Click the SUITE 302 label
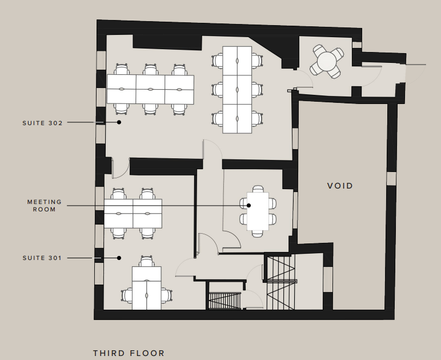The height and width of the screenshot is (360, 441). click(x=42, y=123)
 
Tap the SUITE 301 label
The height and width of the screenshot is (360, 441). click(x=42, y=258)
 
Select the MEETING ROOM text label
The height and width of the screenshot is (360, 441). click(x=45, y=206)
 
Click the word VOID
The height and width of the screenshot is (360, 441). click(x=340, y=186)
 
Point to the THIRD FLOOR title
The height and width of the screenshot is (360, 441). click(x=129, y=353)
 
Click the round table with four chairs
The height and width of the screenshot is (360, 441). click(x=327, y=61)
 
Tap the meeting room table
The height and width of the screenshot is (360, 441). click(x=258, y=211)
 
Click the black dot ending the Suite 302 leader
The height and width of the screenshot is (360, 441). click(x=119, y=122)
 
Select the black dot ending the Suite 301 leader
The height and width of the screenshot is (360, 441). click(x=119, y=258)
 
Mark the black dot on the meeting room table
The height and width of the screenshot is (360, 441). click(x=248, y=205)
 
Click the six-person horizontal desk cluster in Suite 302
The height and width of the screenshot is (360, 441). click(x=150, y=89)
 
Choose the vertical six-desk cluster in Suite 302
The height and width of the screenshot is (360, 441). click(x=237, y=90)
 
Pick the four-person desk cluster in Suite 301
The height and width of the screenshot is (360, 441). click(x=133, y=214)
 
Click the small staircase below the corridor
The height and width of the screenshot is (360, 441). click(x=224, y=301)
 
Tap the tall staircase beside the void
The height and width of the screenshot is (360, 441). click(x=280, y=282)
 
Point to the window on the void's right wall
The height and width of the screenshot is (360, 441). click(x=391, y=179)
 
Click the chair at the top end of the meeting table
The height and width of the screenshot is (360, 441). click(x=258, y=189)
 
